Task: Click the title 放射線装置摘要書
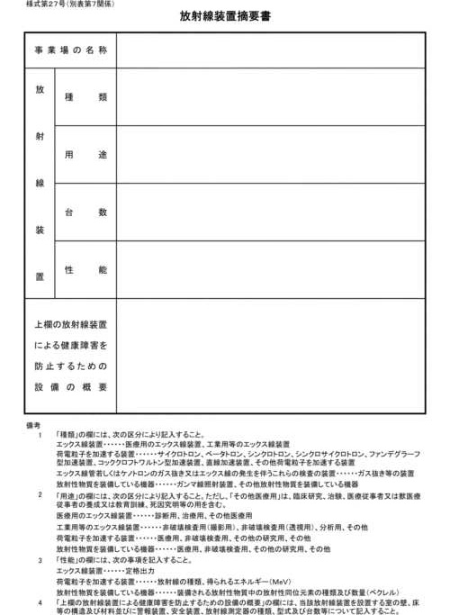225,17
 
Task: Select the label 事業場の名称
71,50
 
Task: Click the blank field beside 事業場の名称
270,50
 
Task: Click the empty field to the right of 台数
270,213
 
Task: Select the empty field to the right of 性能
270,270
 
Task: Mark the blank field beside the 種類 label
270,96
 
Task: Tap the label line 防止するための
71,366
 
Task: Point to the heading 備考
34,424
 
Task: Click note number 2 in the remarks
40,494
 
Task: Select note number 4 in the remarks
40,601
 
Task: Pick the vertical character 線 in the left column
40,184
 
